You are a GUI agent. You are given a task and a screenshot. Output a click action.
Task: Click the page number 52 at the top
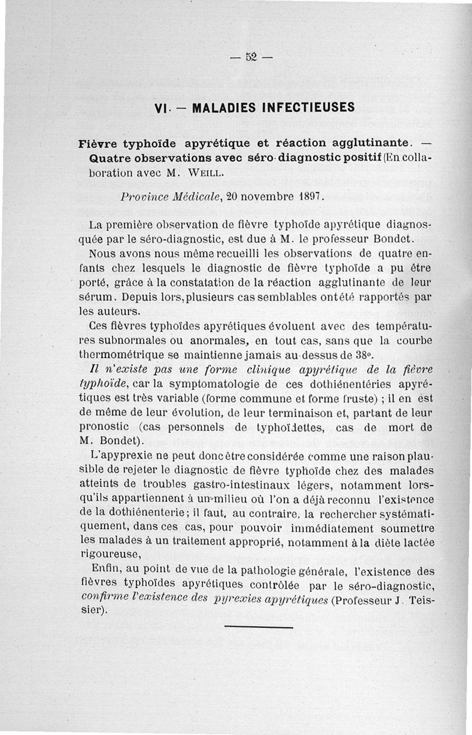click(251, 57)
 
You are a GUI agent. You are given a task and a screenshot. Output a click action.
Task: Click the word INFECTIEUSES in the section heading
click(304, 108)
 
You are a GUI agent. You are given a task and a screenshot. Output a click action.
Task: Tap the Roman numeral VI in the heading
click(160, 108)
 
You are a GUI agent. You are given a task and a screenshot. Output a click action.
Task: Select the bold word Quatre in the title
click(111, 158)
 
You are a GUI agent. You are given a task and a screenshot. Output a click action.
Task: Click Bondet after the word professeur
click(398, 239)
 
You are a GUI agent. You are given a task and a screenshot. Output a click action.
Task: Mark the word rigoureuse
click(109, 554)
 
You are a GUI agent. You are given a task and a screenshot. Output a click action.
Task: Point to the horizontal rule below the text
click(258, 626)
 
